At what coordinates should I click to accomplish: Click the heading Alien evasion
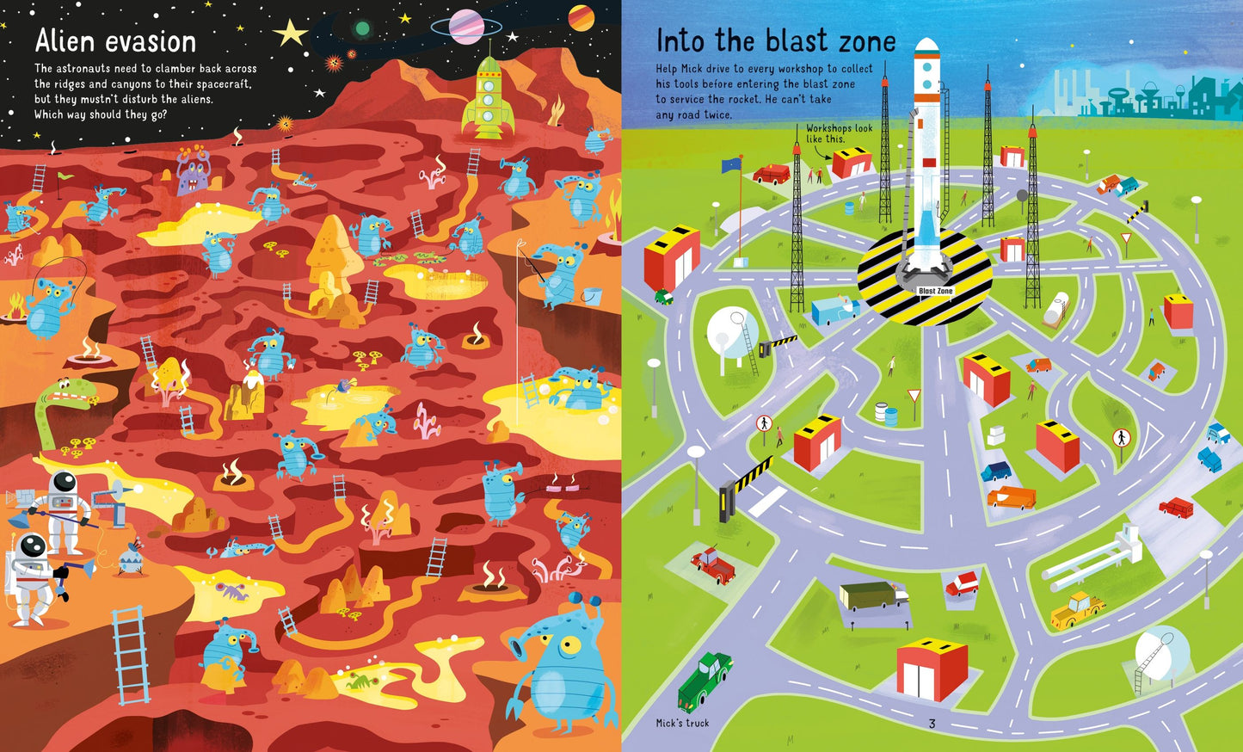pos(115,40)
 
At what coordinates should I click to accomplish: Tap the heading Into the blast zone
pos(775,40)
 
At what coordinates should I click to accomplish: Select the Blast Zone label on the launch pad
pos(935,291)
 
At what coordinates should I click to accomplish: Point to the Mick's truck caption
pos(682,724)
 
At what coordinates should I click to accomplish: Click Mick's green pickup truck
pos(704,679)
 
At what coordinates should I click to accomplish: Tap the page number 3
pos(932,724)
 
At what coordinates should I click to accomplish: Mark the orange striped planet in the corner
pos(582,17)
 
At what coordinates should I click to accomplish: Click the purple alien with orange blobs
pos(192,170)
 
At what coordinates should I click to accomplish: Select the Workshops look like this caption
pos(839,133)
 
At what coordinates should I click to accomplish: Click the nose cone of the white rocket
pos(926,46)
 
